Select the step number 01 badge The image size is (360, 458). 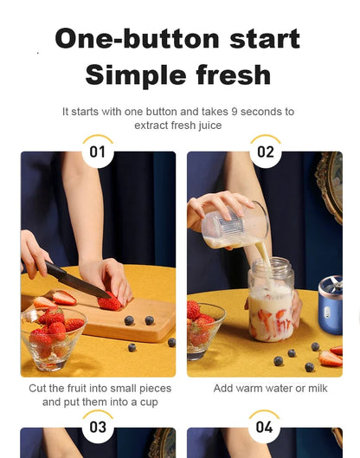(98, 152)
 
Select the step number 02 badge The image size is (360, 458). (265, 152)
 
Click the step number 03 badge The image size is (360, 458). (98, 427)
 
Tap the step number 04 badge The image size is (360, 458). (264, 427)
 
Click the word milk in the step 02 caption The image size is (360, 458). (315, 389)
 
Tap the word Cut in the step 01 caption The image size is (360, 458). (39, 389)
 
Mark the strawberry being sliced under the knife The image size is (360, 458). (110, 302)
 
